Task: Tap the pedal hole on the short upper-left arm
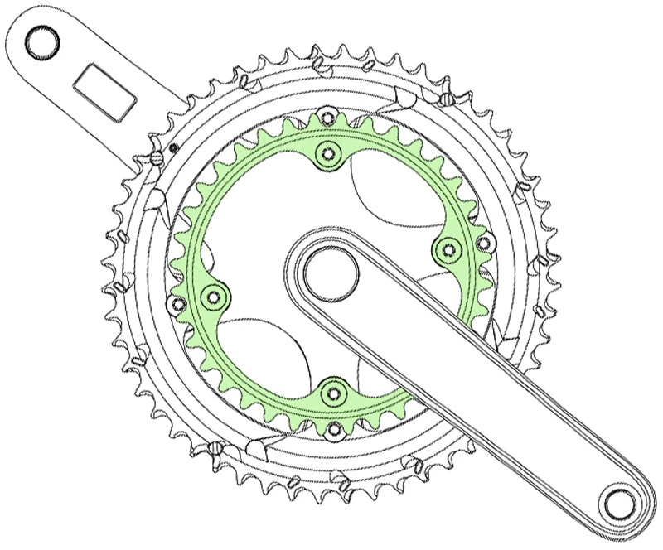(x=41, y=41)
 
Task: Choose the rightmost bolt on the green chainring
(x=448, y=248)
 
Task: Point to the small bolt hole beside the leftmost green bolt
(x=176, y=305)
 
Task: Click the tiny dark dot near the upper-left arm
(x=173, y=147)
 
